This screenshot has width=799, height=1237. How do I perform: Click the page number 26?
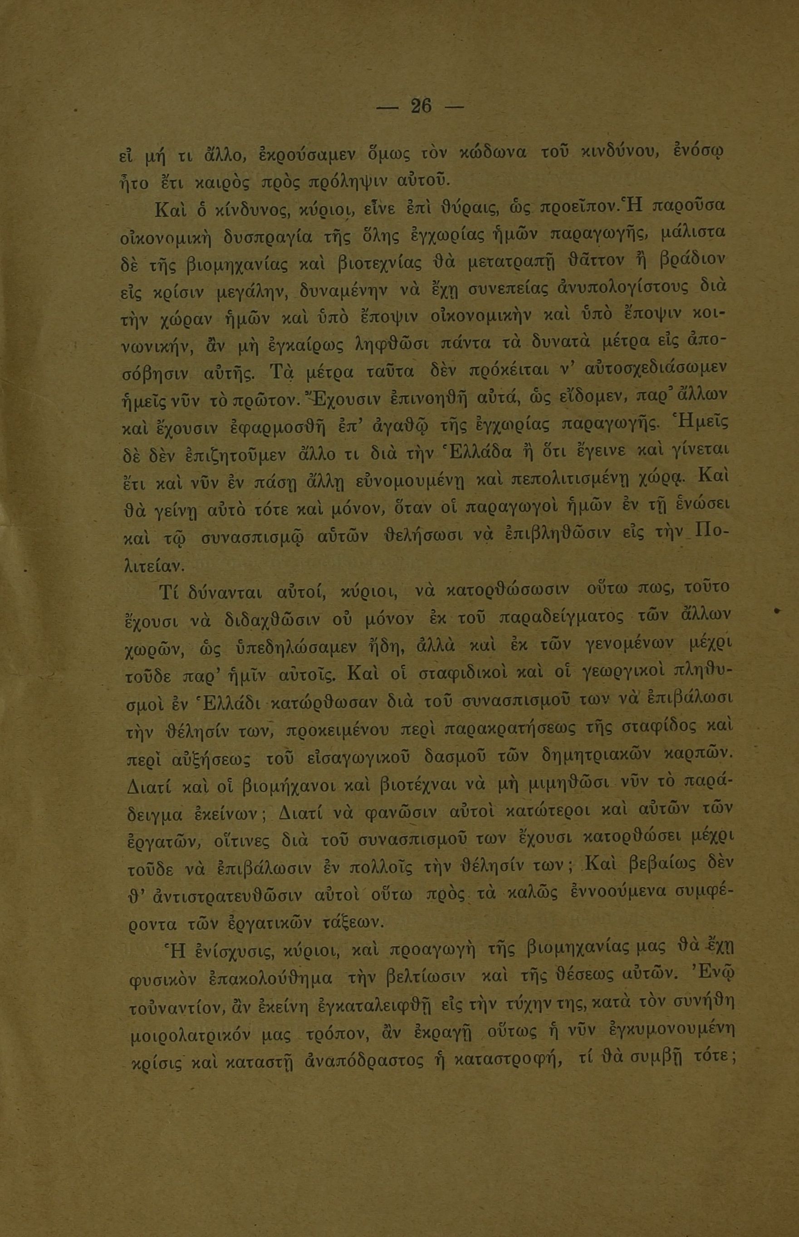(x=420, y=106)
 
